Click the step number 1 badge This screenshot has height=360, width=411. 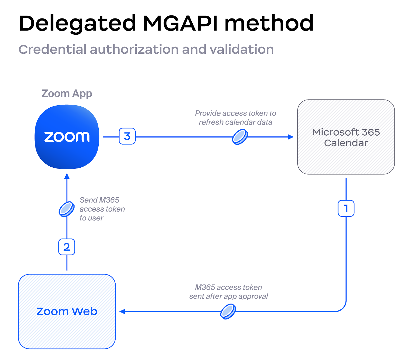pos(346,208)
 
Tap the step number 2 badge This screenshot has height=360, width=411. pos(67,247)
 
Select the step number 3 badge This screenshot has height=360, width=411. pos(127,136)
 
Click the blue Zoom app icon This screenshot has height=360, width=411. pos(67,137)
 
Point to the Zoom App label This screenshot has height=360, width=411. pos(67,93)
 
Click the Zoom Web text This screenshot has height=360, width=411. pos(67,311)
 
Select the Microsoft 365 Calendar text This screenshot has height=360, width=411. pos(346,137)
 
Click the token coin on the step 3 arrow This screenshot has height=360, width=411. pos(240,137)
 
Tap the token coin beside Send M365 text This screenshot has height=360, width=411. pos(67,209)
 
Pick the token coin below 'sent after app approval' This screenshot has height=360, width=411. pos(228,311)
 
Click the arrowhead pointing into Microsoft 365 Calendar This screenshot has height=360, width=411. pos(291,137)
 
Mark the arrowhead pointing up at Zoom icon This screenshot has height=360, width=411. pos(67,176)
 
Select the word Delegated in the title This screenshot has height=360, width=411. pos(77,23)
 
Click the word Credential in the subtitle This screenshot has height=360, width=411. pos(52,49)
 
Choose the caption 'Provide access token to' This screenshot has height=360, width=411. pos(235,113)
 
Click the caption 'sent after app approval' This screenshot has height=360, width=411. pos(228,296)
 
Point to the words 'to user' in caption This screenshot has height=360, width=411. pos(91,218)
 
